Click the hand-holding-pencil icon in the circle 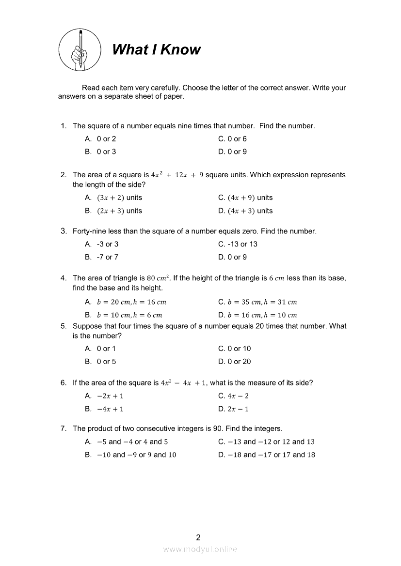80,49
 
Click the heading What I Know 156,49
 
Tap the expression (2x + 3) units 119,211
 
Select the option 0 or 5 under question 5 106,361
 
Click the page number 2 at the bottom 198,537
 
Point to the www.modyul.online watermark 200,549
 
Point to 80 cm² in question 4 159,278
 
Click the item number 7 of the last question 63,428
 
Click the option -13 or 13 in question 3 238,244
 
